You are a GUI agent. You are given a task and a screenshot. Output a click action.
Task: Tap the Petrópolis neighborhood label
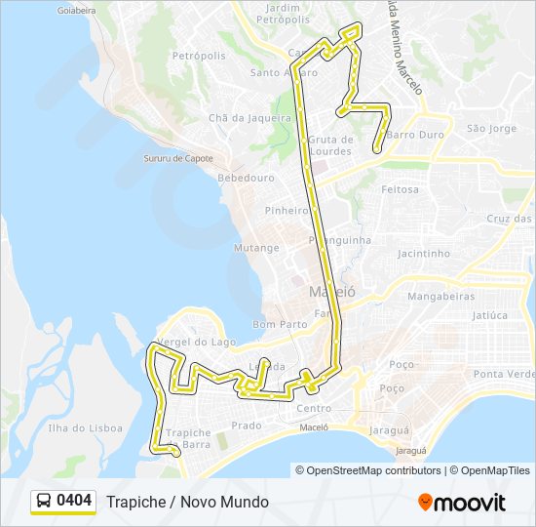tap(199, 56)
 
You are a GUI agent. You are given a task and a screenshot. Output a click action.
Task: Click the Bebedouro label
tap(246, 179)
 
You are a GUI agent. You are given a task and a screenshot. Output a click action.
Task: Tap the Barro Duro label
tap(415, 135)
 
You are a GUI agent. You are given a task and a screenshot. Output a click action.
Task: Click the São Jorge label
tap(491, 128)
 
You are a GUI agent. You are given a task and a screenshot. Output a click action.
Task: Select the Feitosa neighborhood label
tap(401, 188)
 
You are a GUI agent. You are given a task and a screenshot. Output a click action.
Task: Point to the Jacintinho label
tap(423, 254)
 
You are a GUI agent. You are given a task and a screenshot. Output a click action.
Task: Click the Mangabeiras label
tap(440, 296)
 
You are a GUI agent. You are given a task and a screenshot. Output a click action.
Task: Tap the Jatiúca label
tap(489, 315)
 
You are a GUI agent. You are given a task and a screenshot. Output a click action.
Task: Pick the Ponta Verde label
tap(504, 374)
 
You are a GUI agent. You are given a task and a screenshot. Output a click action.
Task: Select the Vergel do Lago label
tap(196, 342)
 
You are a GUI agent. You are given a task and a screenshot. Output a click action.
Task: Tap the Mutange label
tap(256, 248)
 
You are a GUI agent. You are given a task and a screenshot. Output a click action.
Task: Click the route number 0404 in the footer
tap(74, 502)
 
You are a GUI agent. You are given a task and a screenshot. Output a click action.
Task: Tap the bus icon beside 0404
tap(44, 502)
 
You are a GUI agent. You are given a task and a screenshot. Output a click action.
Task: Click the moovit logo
tap(462, 503)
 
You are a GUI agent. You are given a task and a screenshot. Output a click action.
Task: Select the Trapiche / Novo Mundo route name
tap(187, 502)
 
